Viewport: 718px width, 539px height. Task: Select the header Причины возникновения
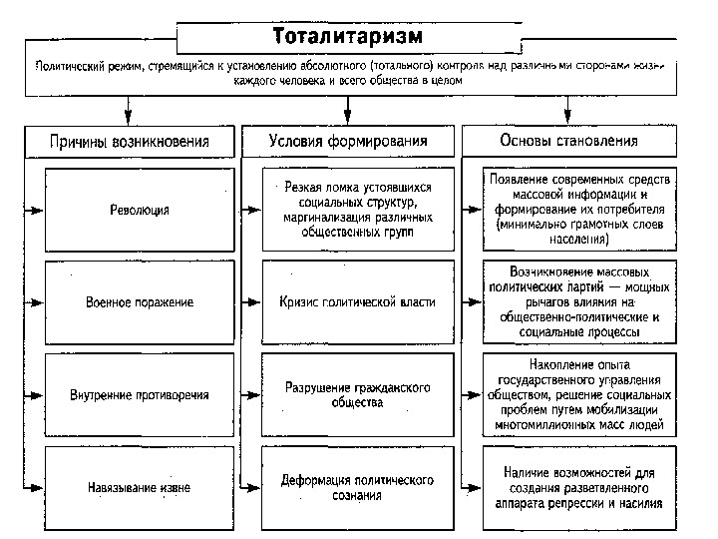pyautogui.click(x=130, y=141)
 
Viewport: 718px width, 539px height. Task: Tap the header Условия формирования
pyautogui.click(x=348, y=141)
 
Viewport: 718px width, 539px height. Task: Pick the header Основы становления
pyautogui.click(x=569, y=141)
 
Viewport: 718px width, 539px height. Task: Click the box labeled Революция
pyautogui.click(x=140, y=211)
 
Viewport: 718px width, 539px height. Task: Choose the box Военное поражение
pyautogui.click(x=140, y=301)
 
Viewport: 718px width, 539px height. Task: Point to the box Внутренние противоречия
pyautogui.click(x=140, y=394)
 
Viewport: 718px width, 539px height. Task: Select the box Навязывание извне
pyautogui.click(x=140, y=487)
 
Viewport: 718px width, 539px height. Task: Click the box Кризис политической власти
pyautogui.click(x=357, y=301)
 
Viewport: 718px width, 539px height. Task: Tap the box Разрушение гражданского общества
pyautogui.click(x=357, y=394)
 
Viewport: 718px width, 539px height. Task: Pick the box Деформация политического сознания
pyautogui.click(x=357, y=487)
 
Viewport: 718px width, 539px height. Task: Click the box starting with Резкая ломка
pyautogui.click(x=357, y=211)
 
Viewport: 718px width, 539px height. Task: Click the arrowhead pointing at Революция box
pyautogui.click(x=39, y=211)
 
